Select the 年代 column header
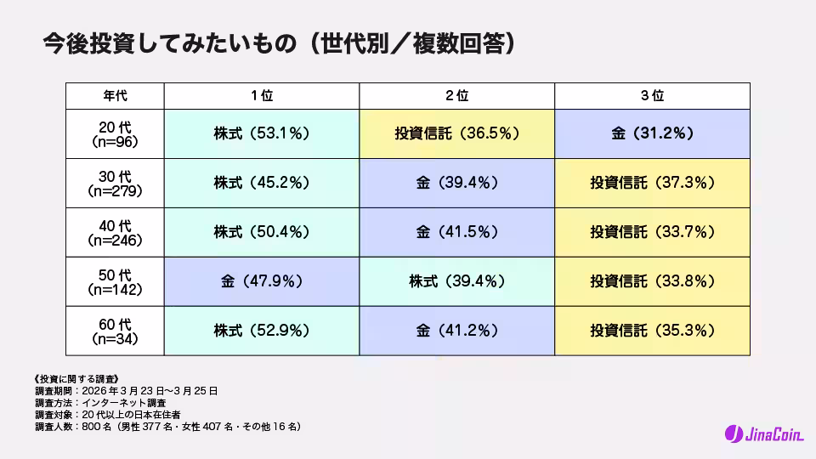(x=115, y=95)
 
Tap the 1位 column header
(x=262, y=95)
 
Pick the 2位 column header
(x=457, y=95)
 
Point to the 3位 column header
(x=652, y=95)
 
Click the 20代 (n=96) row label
(x=115, y=133)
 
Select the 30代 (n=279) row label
(x=115, y=183)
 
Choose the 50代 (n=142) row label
(x=115, y=281)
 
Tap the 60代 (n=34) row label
(x=115, y=331)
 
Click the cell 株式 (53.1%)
(x=262, y=133)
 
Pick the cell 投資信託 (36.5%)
(x=457, y=133)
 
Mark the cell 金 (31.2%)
(x=652, y=133)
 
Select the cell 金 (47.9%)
(x=262, y=281)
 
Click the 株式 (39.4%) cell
(x=457, y=281)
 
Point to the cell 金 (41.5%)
(x=457, y=232)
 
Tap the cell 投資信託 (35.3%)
(x=652, y=331)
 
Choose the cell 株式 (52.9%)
(x=262, y=331)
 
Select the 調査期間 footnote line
(x=127, y=391)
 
